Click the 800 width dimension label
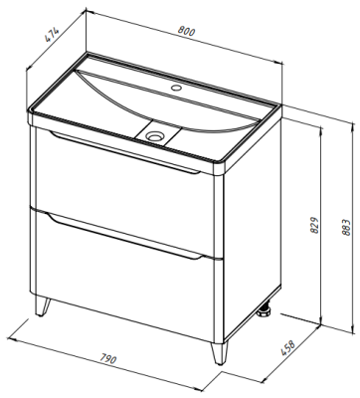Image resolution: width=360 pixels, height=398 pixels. click(187, 31)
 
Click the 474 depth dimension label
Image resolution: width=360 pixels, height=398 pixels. click(52, 34)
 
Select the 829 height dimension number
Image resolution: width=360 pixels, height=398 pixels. click(315, 225)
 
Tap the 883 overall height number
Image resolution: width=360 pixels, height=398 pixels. click(345, 227)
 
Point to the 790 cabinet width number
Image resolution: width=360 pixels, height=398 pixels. click(107, 359)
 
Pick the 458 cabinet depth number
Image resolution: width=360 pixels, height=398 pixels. click(287, 348)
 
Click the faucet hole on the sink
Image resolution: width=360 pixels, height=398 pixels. click(176, 89)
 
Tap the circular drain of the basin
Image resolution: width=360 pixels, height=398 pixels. click(154, 135)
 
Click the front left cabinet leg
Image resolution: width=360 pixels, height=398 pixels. click(43, 306)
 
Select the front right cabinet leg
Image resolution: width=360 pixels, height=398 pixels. click(219, 352)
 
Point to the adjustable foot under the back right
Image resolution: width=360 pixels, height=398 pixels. click(266, 311)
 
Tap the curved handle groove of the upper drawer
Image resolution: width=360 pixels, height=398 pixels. click(124, 152)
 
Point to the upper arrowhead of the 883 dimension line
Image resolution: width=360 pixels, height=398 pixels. click(351, 126)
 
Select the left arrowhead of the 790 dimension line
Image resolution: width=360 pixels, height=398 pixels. click(12, 338)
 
